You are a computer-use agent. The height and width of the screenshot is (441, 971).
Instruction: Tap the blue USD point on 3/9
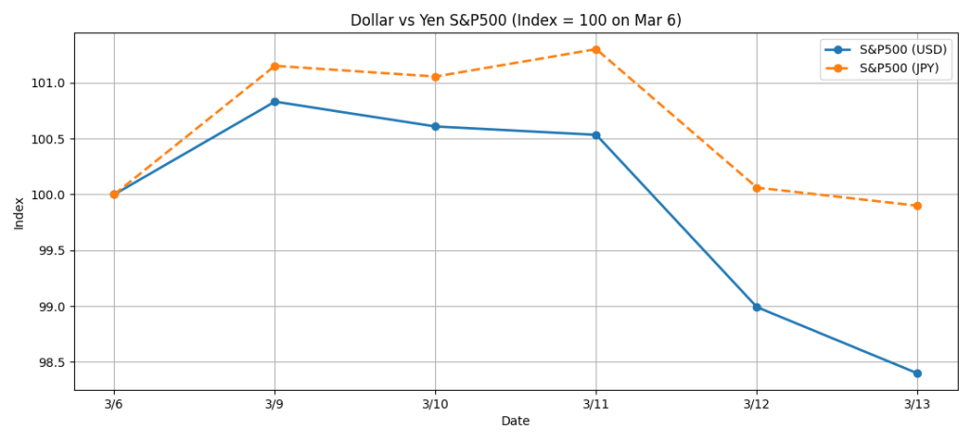pos(275,101)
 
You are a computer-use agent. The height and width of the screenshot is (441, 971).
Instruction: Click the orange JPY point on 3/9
pos(275,66)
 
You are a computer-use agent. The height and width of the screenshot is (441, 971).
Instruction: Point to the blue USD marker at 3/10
pos(435,126)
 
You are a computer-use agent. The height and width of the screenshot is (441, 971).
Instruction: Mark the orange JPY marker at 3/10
pos(435,77)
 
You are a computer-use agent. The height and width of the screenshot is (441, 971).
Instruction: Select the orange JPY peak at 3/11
pos(595,49)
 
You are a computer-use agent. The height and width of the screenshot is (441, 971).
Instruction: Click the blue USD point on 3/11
pos(595,135)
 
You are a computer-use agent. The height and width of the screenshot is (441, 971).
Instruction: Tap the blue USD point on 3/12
pos(757,307)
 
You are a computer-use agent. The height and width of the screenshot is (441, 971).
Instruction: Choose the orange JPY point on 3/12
pos(757,188)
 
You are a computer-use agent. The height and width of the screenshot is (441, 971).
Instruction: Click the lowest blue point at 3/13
pos(917,374)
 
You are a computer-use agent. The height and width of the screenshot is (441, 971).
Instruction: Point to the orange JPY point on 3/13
pos(917,206)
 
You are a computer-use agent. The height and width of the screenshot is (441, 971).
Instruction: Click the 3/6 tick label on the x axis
pos(114,403)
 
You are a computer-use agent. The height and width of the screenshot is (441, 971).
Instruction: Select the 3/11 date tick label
pos(595,403)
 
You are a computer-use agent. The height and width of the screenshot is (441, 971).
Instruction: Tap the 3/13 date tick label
pos(917,403)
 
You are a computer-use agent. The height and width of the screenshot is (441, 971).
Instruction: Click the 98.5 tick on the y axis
pos(52,363)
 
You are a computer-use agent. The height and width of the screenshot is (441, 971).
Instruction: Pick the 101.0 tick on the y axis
pos(49,83)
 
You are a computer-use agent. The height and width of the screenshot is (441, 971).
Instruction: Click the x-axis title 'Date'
pos(515,421)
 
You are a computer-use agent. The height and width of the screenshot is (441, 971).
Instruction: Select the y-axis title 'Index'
pos(20,211)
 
